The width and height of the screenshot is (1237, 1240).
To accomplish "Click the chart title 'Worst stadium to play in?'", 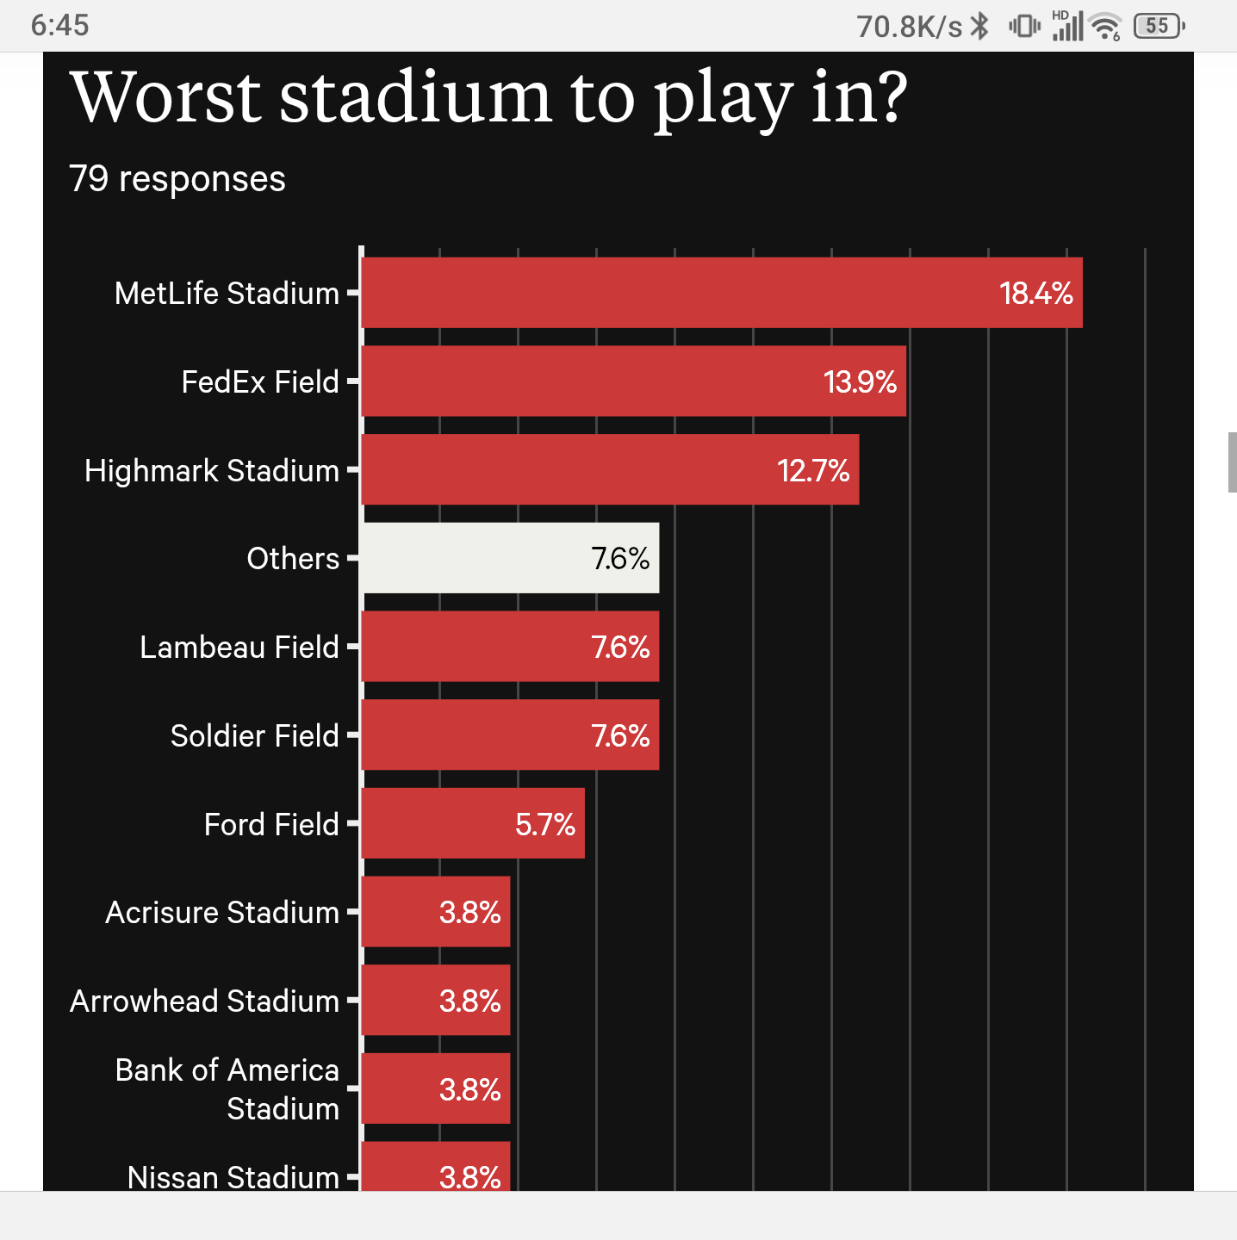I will (488, 97).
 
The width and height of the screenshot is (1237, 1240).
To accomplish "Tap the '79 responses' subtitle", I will (177, 179).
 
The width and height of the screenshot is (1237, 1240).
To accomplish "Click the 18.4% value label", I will (1035, 294).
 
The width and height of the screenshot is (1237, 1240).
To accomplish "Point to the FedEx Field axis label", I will (260, 381).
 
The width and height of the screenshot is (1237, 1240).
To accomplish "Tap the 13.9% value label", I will (860, 381).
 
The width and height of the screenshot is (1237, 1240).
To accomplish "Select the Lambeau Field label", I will (239, 647).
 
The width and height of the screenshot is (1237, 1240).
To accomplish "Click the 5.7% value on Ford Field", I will (544, 824).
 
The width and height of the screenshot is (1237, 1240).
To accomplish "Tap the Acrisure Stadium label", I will (222, 912).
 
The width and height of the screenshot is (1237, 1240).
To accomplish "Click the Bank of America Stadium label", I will (227, 1088).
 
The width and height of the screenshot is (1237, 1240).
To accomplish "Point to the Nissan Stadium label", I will (233, 1176).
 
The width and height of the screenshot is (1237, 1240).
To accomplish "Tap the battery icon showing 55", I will (1159, 26).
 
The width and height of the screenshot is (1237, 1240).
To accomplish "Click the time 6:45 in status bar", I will (59, 26).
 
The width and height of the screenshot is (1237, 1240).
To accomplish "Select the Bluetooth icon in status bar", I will (979, 26).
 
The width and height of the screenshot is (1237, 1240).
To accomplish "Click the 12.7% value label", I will (813, 470).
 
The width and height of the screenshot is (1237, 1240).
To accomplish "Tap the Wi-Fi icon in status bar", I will (1104, 27).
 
